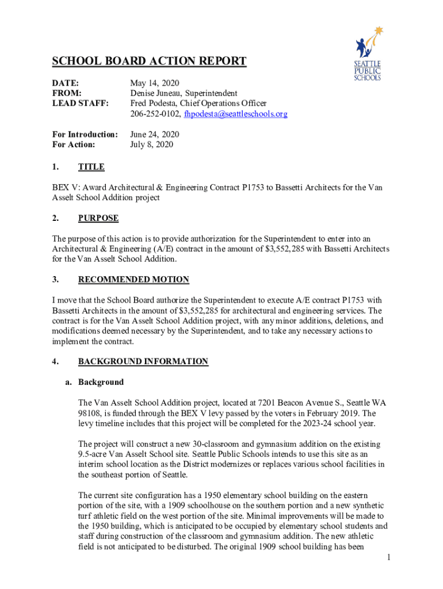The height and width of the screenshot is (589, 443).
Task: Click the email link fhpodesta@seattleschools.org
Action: (235, 114)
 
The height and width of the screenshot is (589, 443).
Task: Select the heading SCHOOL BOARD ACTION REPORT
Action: (149, 62)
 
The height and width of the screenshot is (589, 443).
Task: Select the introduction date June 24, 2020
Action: (155, 134)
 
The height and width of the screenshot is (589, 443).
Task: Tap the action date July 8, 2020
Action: (151, 144)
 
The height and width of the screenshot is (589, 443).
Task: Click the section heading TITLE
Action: (91, 167)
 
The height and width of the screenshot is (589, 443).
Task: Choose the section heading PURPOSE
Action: (98, 218)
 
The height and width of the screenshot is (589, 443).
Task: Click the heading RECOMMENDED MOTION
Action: (133, 280)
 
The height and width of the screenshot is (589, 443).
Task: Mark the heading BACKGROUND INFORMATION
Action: (143, 361)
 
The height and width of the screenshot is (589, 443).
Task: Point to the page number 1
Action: (389, 557)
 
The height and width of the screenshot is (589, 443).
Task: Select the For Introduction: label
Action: (85, 134)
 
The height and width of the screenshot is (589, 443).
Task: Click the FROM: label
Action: (66, 93)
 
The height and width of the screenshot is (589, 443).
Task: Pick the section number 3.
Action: (55, 280)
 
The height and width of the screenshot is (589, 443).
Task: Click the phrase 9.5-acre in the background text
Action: (95, 454)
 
